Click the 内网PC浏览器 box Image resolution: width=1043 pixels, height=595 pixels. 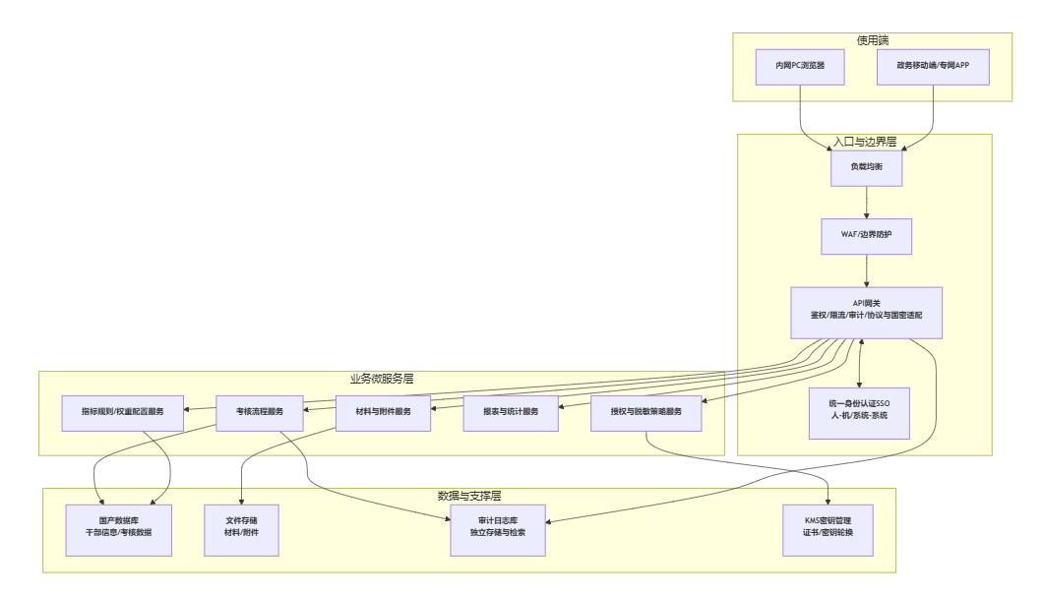click(x=800, y=66)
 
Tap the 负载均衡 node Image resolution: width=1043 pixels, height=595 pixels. click(x=866, y=167)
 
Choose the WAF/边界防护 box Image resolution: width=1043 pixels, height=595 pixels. click(x=866, y=236)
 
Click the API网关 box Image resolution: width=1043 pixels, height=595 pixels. click(x=866, y=313)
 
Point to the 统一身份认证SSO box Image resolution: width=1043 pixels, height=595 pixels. click(x=859, y=412)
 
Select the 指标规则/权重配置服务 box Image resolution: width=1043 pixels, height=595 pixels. click(x=123, y=412)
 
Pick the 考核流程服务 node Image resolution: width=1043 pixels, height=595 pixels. click(x=260, y=412)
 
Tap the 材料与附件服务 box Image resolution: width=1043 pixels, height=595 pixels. click(x=383, y=412)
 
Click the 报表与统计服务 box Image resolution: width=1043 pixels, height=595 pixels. click(x=511, y=412)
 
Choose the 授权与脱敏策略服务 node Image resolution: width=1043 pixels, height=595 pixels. click(x=646, y=412)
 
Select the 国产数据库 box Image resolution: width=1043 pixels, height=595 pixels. click(x=119, y=530)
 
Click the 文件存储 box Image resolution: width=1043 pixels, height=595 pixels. click(x=241, y=530)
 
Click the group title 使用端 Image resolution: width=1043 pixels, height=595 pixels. click(x=873, y=40)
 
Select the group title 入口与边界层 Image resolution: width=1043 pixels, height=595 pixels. click(x=865, y=142)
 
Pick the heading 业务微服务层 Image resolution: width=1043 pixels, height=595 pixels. click(x=382, y=379)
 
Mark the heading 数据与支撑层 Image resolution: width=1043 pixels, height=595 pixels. click(x=469, y=495)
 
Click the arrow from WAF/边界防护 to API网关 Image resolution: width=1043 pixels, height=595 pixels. click(x=866, y=270)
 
